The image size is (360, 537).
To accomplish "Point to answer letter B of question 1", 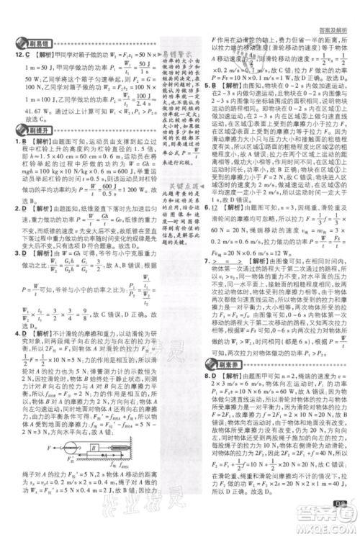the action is [25, 143].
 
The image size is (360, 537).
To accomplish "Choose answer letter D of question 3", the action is [26, 274].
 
